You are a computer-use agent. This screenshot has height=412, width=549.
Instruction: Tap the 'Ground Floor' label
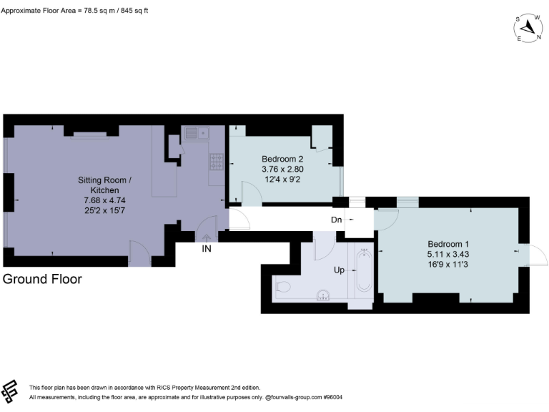point(42,279)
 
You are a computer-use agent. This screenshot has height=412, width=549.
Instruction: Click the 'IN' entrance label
point(206,249)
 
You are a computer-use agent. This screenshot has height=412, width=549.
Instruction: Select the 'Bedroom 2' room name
point(282,159)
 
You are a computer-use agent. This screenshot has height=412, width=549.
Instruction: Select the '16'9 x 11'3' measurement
point(449,263)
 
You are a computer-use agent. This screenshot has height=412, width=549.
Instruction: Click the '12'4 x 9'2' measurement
point(282,179)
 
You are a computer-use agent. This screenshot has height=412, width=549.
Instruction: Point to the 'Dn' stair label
point(336,220)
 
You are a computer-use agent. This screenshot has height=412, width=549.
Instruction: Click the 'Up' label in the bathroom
point(340,270)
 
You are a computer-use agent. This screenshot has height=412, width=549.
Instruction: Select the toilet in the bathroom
point(282,288)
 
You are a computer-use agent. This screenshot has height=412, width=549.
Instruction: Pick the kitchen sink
point(194,132)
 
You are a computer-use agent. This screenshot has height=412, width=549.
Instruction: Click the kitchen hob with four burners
point(216,162)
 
